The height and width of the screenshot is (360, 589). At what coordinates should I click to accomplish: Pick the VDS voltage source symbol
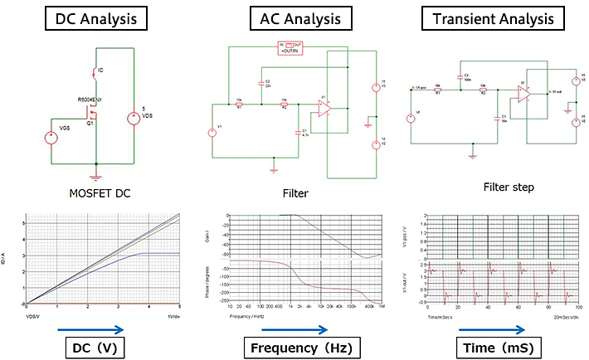point(132,119)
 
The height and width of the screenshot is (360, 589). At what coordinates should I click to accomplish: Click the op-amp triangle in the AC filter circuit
point(324,109)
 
